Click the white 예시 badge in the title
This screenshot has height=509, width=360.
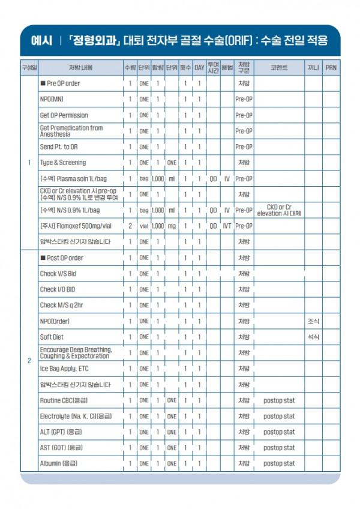tap(41, 41)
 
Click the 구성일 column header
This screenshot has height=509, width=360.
tap(29, 67)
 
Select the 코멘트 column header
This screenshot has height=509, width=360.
tap(279, 67)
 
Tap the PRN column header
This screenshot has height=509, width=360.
tap(331, 67)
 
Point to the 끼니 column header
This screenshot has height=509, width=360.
tap(313, 67)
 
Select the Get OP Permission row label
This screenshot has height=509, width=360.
tap(64, 115)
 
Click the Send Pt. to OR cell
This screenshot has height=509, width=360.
tap(59, 146)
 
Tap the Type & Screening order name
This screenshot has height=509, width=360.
tap(63, 163)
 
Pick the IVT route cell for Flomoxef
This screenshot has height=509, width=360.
tap(227, 226)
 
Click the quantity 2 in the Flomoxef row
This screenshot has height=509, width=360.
tap(130, 226)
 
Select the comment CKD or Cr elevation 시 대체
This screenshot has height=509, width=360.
tap(279, 210)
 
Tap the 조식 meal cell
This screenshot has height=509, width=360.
tap(313, 321)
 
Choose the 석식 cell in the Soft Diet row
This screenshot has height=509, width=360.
tap(313, 337)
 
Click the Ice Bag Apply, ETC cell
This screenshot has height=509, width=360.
tap(64, 369)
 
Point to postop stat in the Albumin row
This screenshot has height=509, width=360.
tap(279, 463)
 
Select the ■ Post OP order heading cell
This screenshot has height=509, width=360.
tap(62, 258)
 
